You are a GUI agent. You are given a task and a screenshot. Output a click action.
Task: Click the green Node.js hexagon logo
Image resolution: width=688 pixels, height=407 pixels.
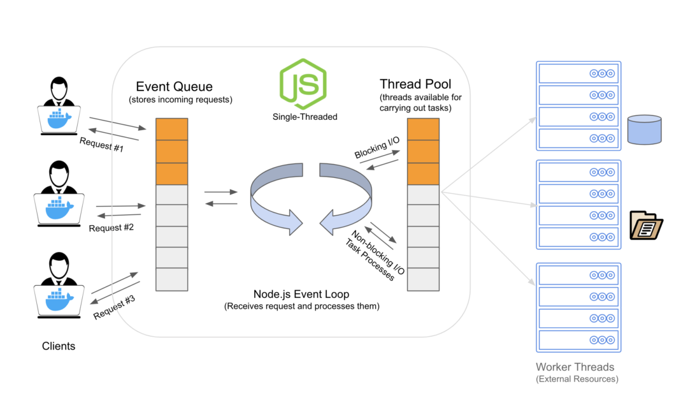[x=303, y=84]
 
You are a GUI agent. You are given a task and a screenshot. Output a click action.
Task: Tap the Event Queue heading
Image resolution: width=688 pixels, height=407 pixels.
[x=175, y=87]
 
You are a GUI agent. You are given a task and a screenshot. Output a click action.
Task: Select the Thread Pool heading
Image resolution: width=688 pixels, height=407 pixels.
[x=415, y=84]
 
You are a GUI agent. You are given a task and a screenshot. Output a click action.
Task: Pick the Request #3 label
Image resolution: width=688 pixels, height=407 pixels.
[x=115, y=307]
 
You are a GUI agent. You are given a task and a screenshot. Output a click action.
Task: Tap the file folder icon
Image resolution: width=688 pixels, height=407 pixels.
[x=645, y=224]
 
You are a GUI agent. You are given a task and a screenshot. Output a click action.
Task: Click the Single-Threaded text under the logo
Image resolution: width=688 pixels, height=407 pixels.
[x=305, y=117]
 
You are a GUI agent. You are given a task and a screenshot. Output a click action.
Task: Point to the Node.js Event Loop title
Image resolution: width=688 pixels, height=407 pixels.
[x=301, y=295]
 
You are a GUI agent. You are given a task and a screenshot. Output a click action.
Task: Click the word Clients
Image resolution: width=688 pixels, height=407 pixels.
[x=59, y=346]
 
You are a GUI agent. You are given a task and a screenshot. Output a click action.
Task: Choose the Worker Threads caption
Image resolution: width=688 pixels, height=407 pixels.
[x=575, y=367]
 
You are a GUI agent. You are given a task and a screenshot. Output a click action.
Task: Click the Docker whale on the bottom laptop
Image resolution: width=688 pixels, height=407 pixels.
[x=60, y=299]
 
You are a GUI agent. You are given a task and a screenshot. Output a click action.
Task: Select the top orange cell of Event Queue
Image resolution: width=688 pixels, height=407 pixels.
[x=172, y=128]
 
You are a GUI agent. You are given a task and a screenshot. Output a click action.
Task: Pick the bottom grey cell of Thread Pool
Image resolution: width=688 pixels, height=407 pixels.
[x=424, y=279]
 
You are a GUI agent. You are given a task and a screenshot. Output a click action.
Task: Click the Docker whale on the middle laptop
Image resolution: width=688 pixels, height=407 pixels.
[x=60, y=206]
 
